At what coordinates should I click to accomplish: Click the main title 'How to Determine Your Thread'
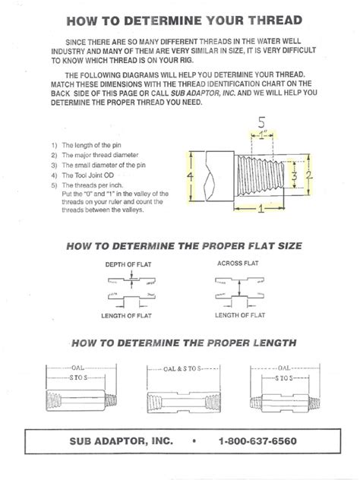pyautogui.click(x=179, y=20)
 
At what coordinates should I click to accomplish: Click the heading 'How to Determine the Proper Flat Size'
pyautogui.click(x=179, y=246)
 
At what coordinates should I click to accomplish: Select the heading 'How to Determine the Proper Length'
pyautogui.click(x=179, y=342)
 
